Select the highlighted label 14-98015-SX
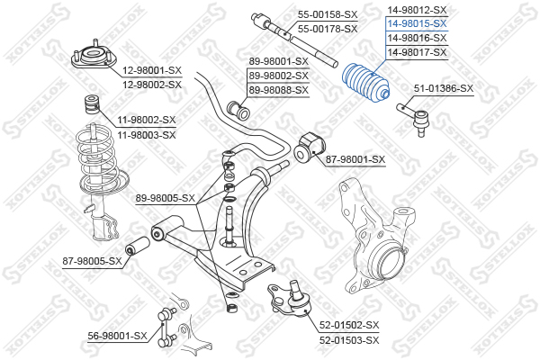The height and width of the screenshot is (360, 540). pos(417,24)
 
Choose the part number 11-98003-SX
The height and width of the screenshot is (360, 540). pos(145,134)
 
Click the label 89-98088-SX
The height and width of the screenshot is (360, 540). pos(279,90)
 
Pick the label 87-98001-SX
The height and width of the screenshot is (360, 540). pos(355,160)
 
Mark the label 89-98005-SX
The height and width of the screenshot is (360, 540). pos(165,198)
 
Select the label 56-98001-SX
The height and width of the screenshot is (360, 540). pos(117,335)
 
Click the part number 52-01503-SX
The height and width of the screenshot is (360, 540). pos(349,339)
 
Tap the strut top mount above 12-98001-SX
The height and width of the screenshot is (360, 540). pos(92,56)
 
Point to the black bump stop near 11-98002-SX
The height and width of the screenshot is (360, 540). pos(90,101)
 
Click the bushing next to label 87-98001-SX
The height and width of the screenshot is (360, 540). pos(307,147)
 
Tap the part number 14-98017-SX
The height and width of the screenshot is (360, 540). pos(417,53)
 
